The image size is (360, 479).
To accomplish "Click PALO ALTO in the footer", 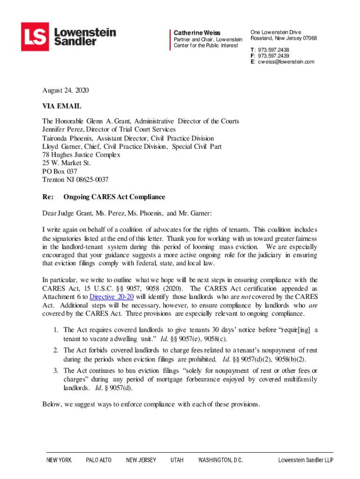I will pyautogui.click(x=99, y=460).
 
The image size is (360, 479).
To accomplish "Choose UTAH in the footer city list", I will pyautogui.click(x=177, y=460).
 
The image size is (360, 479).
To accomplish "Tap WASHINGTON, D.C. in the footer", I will pyautogui.click(x=221, y=460).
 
